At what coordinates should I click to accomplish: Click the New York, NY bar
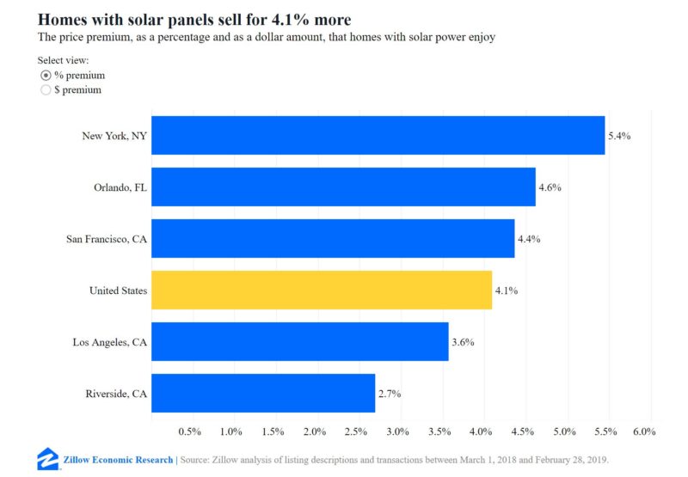pos(378,136)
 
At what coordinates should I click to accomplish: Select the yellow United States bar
pos(322,290)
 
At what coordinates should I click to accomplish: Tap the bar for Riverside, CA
pos(263,394)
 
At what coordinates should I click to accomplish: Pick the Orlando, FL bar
pos(343,187)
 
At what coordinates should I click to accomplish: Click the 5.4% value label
pos(619,136)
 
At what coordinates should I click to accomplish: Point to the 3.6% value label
pos(463,342)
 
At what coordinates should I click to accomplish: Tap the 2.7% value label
pos(390,394)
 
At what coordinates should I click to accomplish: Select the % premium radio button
pos(46,76)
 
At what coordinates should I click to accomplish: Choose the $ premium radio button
pos(46,90)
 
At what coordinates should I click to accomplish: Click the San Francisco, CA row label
pos(107,239)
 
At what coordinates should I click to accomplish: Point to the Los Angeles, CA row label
pos(110,342)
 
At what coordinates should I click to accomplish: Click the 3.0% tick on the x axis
pos(397,431)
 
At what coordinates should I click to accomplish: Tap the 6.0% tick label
pos(644,431)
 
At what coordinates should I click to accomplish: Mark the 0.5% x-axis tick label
pos(189,431)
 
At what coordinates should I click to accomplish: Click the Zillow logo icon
pos(48,459)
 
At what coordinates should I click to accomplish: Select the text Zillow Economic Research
pos(118,460)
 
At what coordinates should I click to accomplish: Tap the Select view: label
pos(63,60)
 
